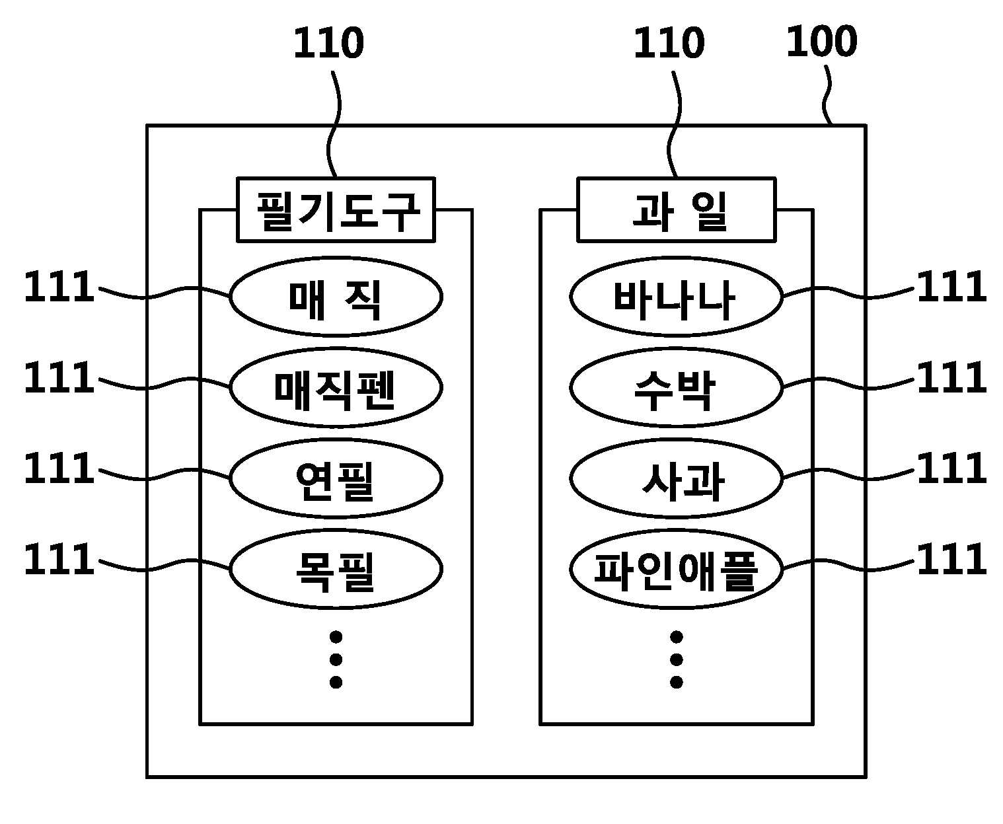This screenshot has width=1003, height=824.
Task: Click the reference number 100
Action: pos(822,42)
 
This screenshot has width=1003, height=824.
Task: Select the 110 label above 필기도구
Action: pos(328,43)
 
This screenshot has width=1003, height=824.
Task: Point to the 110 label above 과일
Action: pos(669,43)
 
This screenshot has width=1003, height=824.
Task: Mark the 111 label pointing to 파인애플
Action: pos(951,558)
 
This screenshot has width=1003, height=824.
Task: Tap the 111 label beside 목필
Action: pos(59,558)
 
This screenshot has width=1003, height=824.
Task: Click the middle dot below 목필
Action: pos(336,660)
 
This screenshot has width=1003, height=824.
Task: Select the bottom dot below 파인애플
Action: pos(677,683)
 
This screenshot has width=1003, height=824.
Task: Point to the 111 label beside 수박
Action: pos(951,377)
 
